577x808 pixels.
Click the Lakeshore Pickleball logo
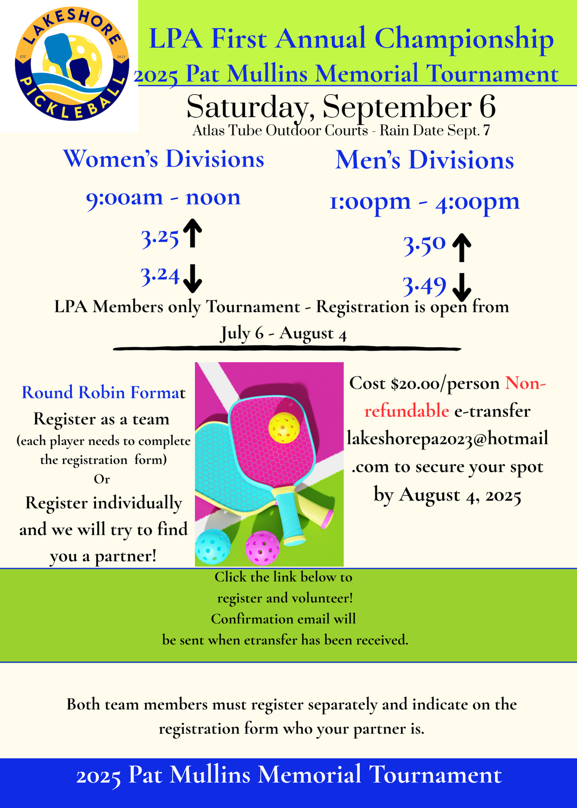point(72,64)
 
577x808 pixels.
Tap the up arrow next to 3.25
point(193,233)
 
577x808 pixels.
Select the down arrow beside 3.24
point(193,278)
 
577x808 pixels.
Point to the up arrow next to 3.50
point(461,248)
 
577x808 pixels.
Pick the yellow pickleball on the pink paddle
point(284,427)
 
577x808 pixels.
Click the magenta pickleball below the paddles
point(263,548)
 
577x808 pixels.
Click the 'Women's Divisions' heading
point(164,159)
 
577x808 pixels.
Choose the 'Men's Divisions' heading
point(425,160)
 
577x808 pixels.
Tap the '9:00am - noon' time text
point(163,198)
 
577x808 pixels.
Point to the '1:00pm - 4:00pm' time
point(425,202)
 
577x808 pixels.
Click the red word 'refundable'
point(406,411)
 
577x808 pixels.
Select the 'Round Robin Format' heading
point(103,392)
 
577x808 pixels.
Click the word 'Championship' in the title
point(464,40)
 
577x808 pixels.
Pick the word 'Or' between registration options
point(102,479)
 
